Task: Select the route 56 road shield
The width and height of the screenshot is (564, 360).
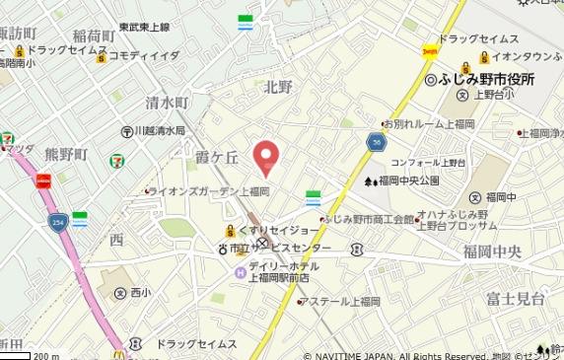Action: point(377,142)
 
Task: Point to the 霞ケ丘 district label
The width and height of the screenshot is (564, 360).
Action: point(217,156)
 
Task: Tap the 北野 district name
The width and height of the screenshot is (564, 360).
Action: point(279,88)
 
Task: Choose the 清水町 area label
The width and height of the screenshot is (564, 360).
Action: point(167,103)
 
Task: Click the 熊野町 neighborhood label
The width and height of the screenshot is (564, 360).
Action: point(65,155)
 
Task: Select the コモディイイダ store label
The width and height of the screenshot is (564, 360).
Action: point(144,56)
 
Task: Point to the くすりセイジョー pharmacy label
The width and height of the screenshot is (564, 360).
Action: point(272,230)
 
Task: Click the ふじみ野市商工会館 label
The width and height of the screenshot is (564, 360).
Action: point(369,219)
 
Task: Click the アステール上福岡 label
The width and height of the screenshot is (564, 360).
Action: point(341,301)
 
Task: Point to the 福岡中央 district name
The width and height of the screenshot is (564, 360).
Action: point(498,252)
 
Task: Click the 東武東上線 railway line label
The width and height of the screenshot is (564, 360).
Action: point(145,27)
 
